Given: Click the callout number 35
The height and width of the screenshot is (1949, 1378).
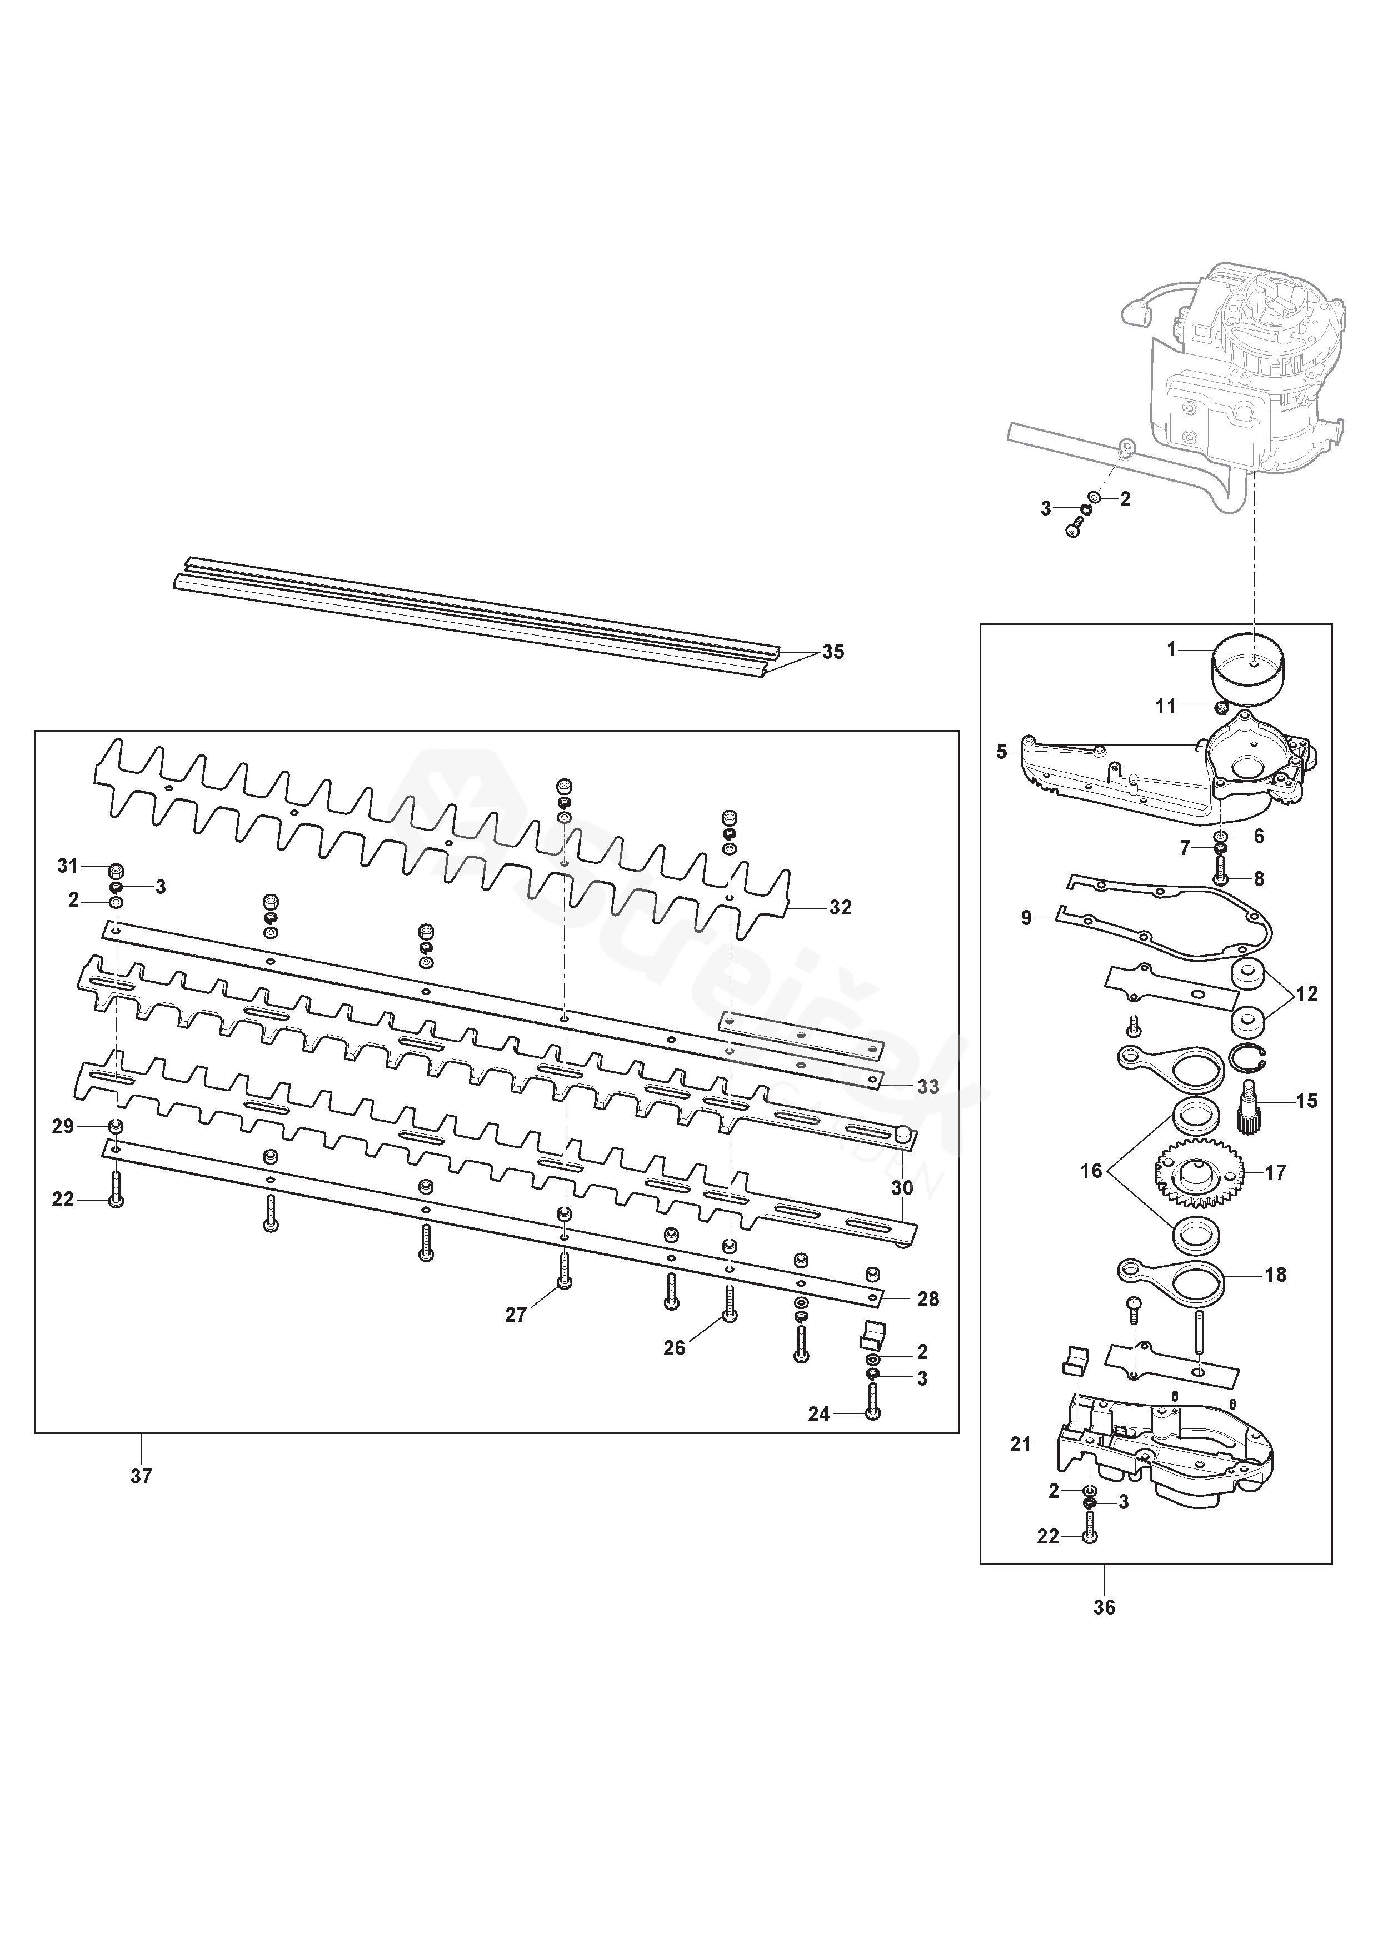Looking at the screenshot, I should coord(833,652).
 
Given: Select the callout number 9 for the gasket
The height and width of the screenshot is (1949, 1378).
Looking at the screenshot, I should coord(1026,918).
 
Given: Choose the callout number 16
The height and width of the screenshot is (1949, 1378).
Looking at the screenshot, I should coord(1091,1171).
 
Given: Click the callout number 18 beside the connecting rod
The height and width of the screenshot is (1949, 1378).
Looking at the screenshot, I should coord(1275,1298).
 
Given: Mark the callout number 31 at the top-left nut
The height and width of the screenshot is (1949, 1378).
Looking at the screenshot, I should coord(67,866).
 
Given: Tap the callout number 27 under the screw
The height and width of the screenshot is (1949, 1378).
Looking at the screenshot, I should coord(516,1315).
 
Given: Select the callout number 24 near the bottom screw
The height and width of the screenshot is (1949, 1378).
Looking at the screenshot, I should coord(818,1414).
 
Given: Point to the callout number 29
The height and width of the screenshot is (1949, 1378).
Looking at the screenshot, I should coord(63,1126).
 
